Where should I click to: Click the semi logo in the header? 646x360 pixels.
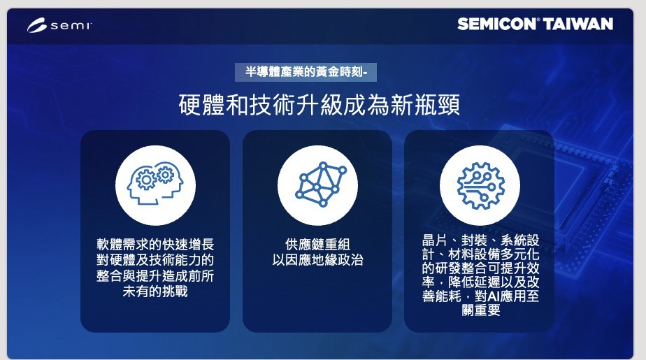coord(59,25)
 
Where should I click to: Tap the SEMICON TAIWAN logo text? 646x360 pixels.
coord(535,24)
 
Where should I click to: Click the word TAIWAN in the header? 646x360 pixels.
coord(578,24)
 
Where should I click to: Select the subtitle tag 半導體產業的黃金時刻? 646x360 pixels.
coord(306,72)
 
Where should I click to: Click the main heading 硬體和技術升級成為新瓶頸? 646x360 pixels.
coord(320,105)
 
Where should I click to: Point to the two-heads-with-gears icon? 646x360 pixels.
coord(155,183)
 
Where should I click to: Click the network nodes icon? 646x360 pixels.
coord(320,184)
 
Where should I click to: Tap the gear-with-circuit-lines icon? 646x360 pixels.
coord(480,185)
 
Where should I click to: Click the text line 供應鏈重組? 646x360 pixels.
coord(317,244)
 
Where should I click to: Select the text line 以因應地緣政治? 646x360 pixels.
coord(317,260)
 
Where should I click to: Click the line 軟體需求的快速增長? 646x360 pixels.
coord(155,244)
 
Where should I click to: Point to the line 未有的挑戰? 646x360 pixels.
coord(155,291)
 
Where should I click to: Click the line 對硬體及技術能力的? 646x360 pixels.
coord(155,260)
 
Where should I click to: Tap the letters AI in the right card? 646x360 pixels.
coord(494,296)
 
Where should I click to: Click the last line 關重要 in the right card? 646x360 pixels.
coord(481,310)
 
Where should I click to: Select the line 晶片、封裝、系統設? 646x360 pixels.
coord(480,240)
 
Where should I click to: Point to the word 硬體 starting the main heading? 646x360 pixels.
coord(202,105)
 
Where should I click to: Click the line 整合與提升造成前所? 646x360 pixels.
coord(155,275)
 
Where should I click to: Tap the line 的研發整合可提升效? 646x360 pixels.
coord(480,268)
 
